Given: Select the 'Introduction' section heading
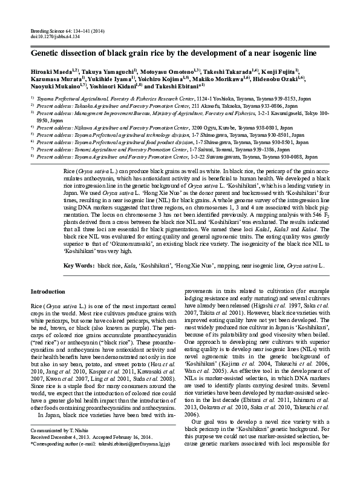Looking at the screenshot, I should pyautogui.click(x=48, y=292).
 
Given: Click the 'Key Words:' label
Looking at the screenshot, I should pyautogui.click(x=79, y=266).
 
